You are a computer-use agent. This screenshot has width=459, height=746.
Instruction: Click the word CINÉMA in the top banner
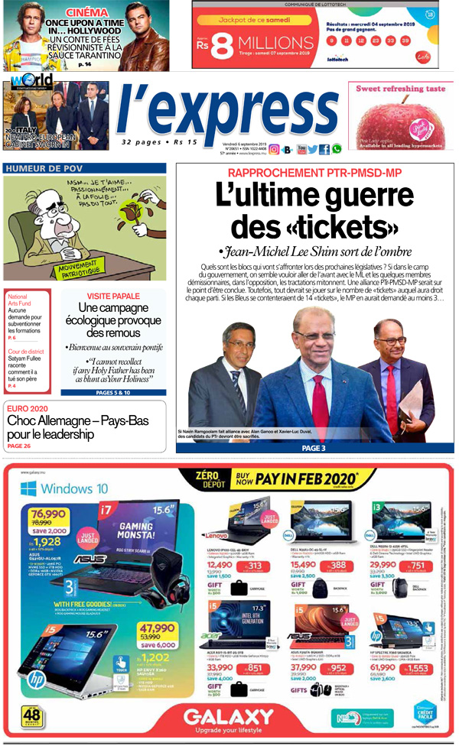click(x=87, y=12)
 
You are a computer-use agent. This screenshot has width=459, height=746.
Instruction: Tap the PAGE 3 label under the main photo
click(x=314, y=448)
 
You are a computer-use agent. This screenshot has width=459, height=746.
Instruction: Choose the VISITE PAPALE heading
click(x=113, y=296)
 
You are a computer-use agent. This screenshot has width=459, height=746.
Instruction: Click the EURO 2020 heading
click(x=28, y=409)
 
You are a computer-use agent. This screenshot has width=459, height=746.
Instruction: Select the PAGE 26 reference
click(x=19, y=446)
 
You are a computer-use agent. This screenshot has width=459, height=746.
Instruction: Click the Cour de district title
click(x=26, y=351)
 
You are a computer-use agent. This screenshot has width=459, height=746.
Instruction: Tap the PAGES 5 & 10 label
click(x=113, y=392)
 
